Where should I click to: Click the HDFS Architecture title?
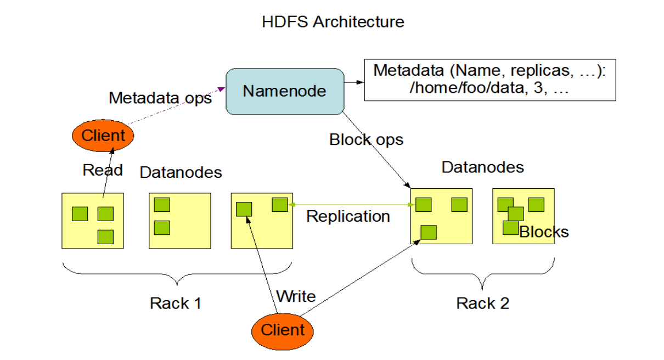(333, 22)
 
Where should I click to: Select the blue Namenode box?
(284, 91)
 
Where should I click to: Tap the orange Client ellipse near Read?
(103, 135)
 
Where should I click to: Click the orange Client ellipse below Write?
(283, 330)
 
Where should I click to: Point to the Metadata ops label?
(160, 98)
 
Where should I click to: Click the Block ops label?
(366, 139)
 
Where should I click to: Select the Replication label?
(348, 216)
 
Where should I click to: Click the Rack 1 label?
(176, 303)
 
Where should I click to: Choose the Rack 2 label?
(483, 303)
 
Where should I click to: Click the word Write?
(296, 297)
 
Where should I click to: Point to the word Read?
(103, 170)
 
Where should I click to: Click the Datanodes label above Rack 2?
(483, 167)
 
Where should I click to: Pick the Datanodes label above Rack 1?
(181, 172)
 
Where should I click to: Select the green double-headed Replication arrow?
(351, 205)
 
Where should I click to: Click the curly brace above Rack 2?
(483, 274)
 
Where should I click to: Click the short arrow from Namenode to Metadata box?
(354, 83)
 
